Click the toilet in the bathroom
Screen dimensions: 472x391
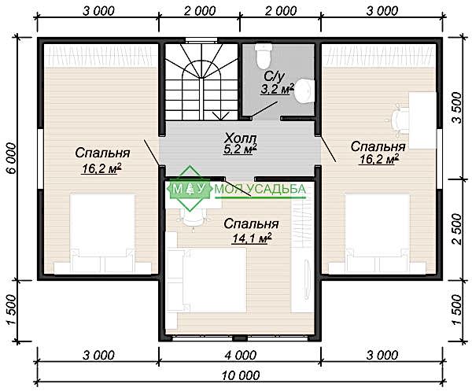pos(264,56)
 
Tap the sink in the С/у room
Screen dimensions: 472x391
pos(304,91)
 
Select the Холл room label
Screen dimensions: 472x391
pos(240,138)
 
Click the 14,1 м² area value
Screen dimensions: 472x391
pos(252,238)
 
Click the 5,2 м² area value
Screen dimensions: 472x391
pos(240,149)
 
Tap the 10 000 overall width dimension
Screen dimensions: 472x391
pos(241,375)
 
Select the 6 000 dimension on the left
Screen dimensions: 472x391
pos(11,158)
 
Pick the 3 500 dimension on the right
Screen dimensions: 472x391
pos(456,108)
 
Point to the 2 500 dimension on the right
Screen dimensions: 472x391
pos(456,229)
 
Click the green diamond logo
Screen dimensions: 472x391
pos(190,188)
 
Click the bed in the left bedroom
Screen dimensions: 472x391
pos(102,234)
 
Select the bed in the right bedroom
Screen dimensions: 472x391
pos(378,234)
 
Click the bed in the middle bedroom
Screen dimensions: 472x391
pos(207,280)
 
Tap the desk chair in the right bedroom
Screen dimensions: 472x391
pos(398,119)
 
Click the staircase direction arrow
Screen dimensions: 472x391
pos(221,116)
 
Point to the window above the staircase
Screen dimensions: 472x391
pos(201,40)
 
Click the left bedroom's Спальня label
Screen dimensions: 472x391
pos(102,153)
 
